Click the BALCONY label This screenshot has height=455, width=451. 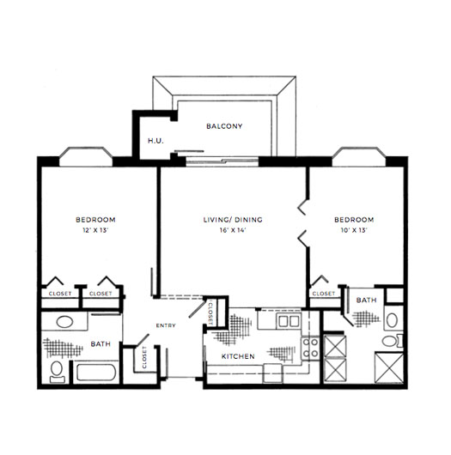[224, 126]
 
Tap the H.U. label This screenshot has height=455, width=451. [155, 141]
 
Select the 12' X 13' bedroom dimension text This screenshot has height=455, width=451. [95, 230]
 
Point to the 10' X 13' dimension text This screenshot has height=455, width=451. [354, 230]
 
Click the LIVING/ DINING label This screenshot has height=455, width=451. [233, 220]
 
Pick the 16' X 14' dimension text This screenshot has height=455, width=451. [233, 230]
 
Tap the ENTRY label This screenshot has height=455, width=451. [166, 325]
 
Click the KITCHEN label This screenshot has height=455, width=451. [238, 356]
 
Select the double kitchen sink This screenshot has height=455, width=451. [289, 321]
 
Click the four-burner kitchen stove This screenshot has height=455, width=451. [311, 349]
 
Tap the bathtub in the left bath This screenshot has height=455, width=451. [96, 373]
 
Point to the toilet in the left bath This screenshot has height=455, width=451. [57, 372]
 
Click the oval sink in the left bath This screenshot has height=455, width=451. [64, 322]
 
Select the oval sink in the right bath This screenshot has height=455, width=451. [392, 321]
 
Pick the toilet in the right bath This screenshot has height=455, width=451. [393, 341]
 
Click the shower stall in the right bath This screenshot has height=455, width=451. [389, 367]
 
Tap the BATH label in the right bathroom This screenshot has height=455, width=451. [367, 300]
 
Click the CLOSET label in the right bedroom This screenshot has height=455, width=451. [324, 294]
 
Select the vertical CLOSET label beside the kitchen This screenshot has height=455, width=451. [210, 312]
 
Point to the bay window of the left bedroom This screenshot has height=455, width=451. [86, 157]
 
